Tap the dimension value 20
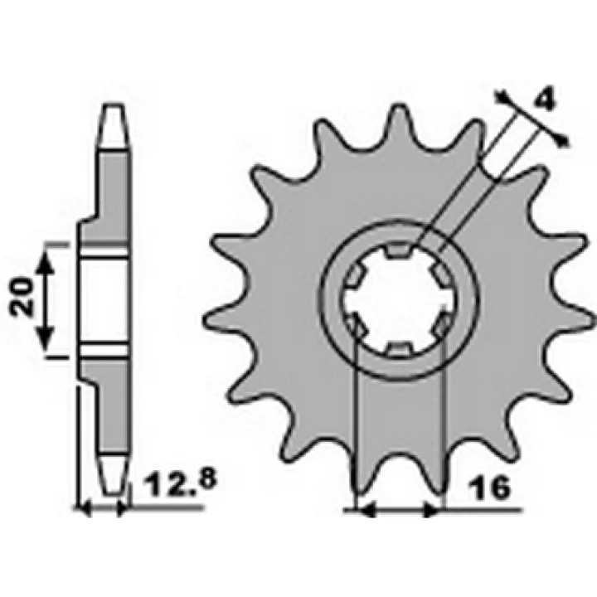pyautogui.click(x=22, y=296)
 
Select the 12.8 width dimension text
pyautogui.click(x=182, y=483)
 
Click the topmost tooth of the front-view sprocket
pyautogui.click(x=399, y=121)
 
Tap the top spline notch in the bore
pyautogui.click(x=398, y=250)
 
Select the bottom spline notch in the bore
pyautogui.click(x=398, y=348)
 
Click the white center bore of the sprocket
pyautogui.click(x=398, y=299)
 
